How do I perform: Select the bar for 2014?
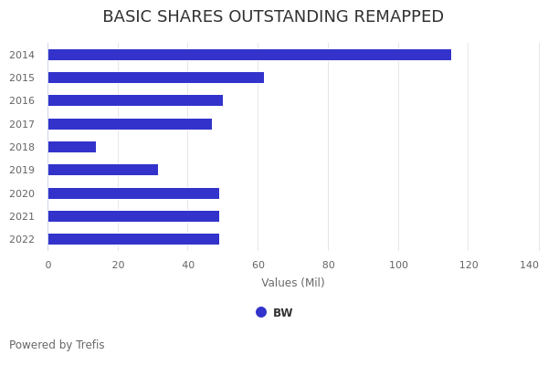(x=249, y=55)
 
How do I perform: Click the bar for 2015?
(x=155, y=78)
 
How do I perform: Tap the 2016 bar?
(x=135, y=100)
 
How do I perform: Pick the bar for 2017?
(x=130, y=124)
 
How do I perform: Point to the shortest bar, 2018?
(x=72, y=147)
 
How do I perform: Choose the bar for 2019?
(x=103, y=170)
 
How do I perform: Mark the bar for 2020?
(x=133, y=193)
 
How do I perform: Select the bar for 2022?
(x=133, y=239)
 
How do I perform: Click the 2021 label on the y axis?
(x=22, y=216)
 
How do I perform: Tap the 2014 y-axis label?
(x=22, y=55)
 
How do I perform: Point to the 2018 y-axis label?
(x=22, y=147)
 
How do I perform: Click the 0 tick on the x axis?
(x=48, y=265)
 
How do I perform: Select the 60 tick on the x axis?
(x=258, y=265)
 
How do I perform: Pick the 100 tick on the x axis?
(x=398, y=265)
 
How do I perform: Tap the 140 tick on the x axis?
(x=530, y=265)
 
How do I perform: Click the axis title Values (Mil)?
(x=293, y=283)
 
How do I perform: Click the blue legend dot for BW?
(x=261, y=312)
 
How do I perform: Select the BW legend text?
(x=283, y=313)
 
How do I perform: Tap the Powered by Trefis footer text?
(x=57, y=345)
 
